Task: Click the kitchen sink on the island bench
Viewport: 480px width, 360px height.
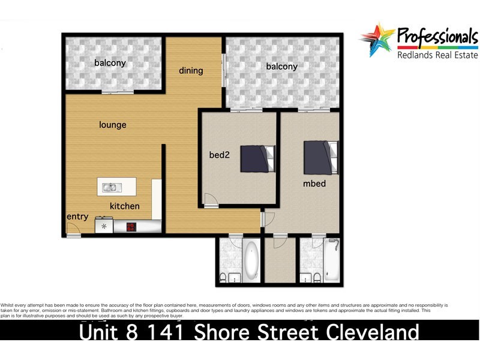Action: click(x=110, y=187)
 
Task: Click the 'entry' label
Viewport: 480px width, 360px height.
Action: click(x=77, y=216)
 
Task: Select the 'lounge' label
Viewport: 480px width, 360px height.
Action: click(x=113, y=125)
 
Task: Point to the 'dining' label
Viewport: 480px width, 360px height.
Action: click(x=191, y=70)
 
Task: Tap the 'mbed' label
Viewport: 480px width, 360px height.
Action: click(x=314, y=183)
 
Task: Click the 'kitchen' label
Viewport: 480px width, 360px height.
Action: click(x=124, y=206)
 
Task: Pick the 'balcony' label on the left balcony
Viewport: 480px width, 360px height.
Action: click(x=109, y=62)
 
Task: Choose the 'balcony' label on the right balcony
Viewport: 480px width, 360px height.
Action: click(x=281, y=66)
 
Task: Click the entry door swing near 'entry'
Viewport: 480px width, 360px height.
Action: click(x=73, y=228)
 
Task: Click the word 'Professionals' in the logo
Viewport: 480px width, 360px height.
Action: click(x=436, y=37)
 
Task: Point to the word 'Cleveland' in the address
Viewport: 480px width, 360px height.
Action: click(x=360, y=332)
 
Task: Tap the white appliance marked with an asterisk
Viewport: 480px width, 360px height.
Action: click(x=105, y=227)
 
